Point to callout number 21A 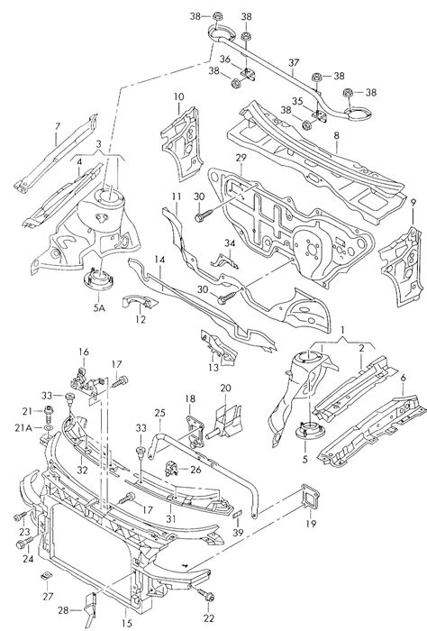27,428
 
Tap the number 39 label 237,533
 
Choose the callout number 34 230,243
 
